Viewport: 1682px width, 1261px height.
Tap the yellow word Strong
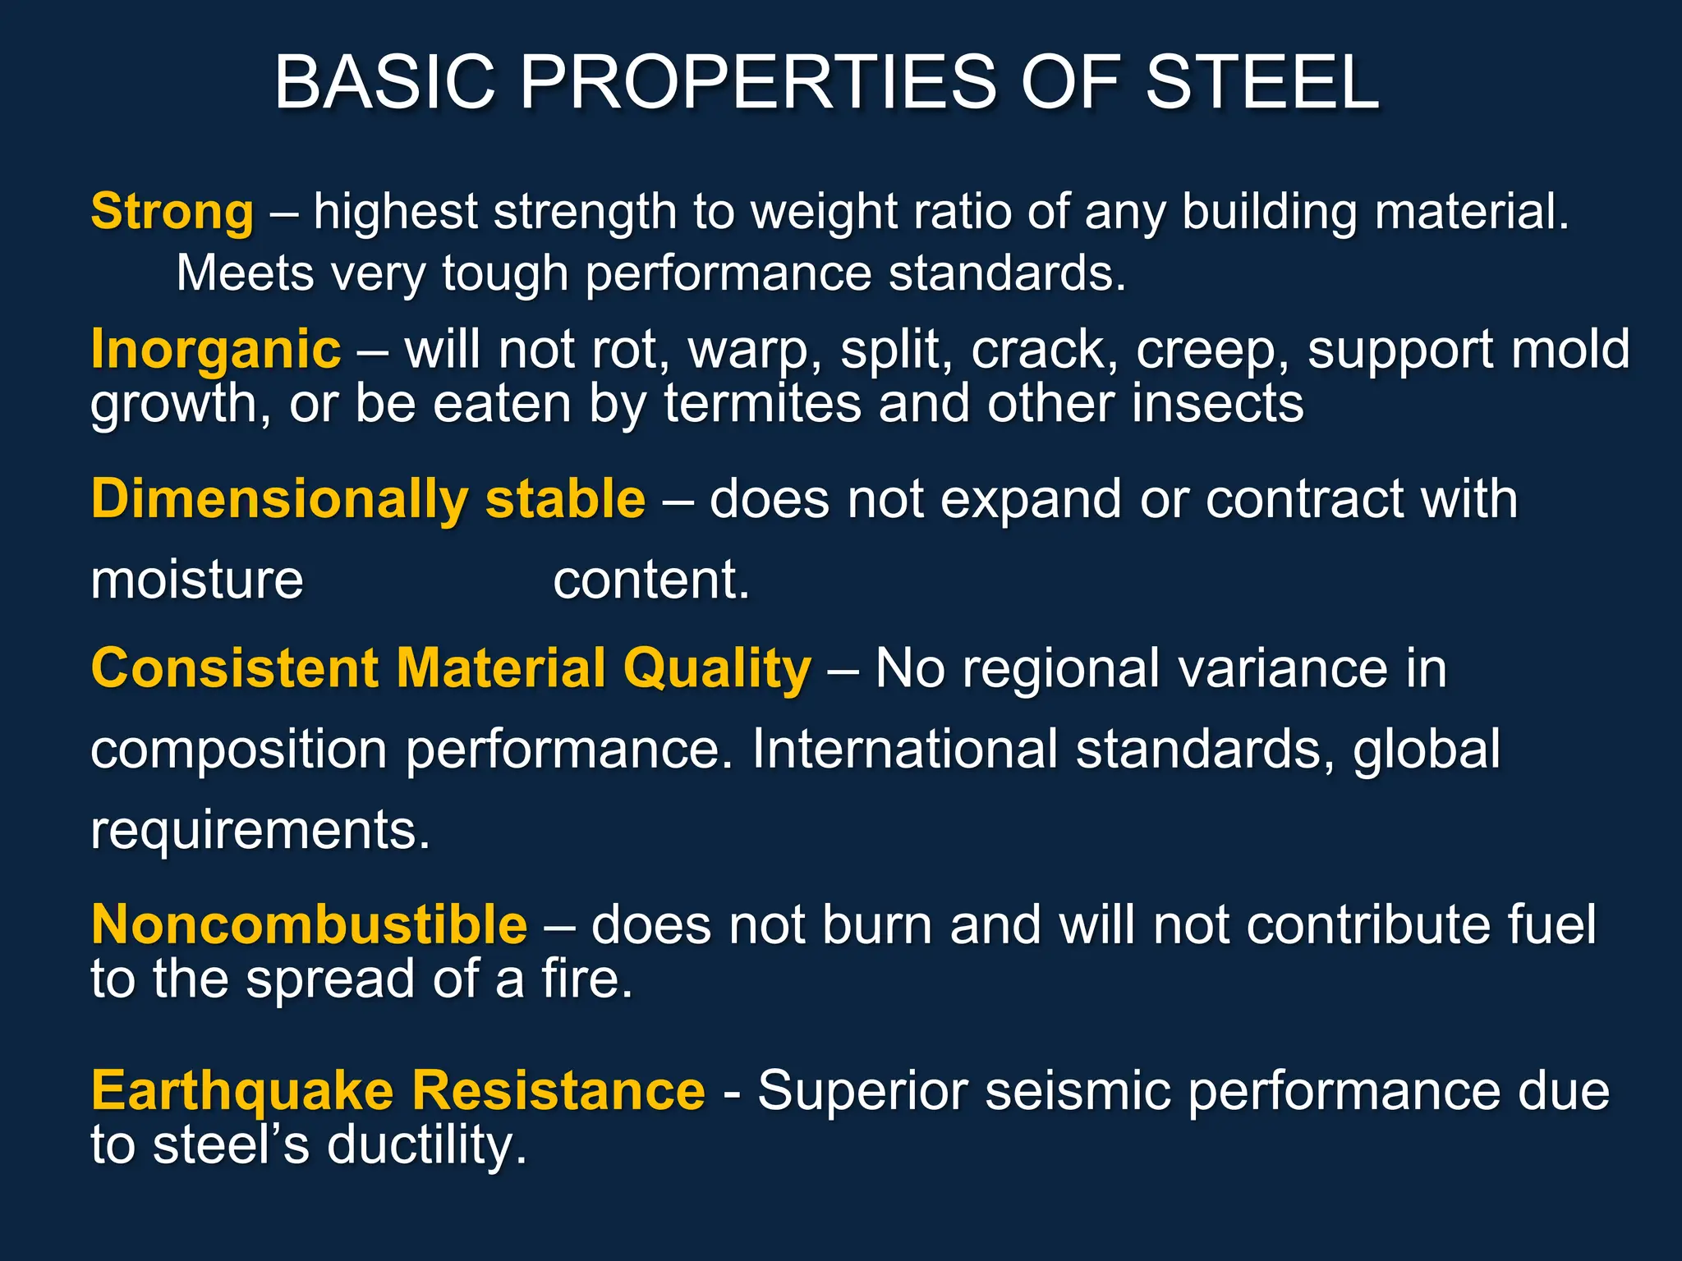[172, 212]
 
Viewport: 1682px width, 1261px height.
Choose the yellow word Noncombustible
[310, 925]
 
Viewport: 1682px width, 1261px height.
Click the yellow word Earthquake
[242, 1092]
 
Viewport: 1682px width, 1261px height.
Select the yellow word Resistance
[558, 1090]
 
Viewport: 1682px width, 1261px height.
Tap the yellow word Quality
[717, 668]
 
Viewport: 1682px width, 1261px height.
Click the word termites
[762, 404]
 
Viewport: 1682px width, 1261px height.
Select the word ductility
[426, 1146]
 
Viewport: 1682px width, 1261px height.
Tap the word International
[905, 749]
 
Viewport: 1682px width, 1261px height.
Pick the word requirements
[260, 831]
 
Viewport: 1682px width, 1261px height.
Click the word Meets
[245, 273]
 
